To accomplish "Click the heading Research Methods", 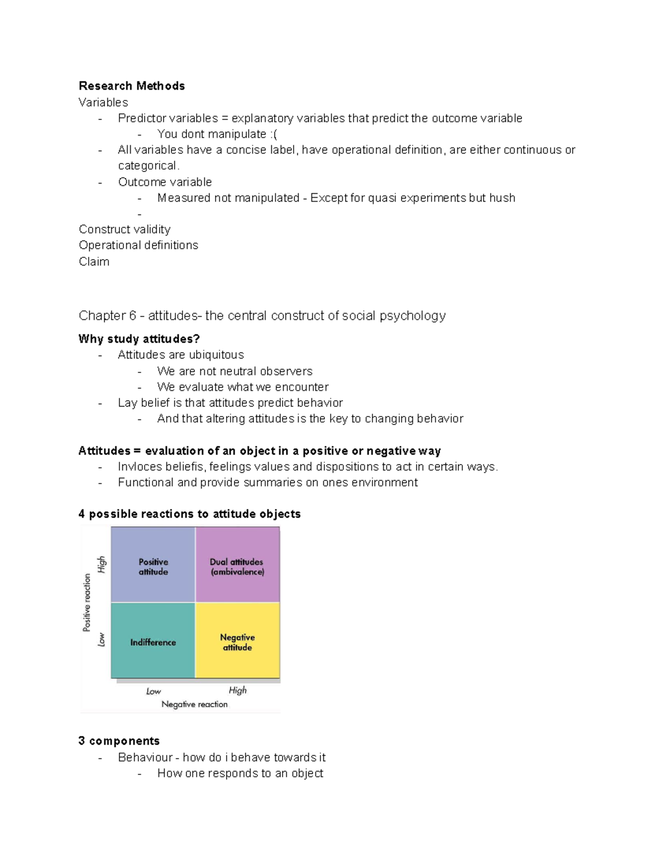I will click(x=132, y=86).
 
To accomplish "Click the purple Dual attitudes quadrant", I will click(x=237, y=565).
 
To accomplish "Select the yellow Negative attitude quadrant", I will click(x=237, y=641).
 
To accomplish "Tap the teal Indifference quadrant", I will click(x=153, y=641).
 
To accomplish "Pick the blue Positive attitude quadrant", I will click(x=153, y=565).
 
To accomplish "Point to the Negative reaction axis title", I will click(x=194, y=705).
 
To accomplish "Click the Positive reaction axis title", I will click(x=87, y=602).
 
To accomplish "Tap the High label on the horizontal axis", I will click(x=237, y=691).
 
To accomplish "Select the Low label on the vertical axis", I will click(x=101, y=639).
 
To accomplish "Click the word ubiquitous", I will click(x=216, y=355).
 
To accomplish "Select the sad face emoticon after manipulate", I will click(x=273, y=135).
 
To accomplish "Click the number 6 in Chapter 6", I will click(x=132, y=316).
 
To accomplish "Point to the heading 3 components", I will click(x=119, y=741).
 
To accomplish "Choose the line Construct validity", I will click(x=125, y=229).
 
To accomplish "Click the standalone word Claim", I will click(x=94, y=262).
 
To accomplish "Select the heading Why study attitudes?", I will click(x=139, y=339).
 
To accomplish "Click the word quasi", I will click(x=382, y=198).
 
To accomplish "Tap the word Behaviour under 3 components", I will click(x=145, y=758).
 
